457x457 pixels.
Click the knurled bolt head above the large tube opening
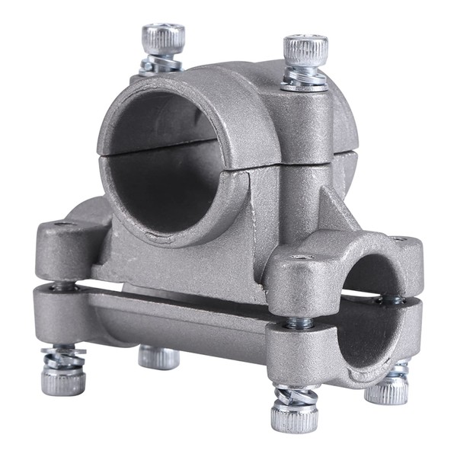(x=163, y=38)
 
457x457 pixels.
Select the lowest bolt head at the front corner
(x=294, y=417)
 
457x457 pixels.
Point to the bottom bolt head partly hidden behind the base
(x=158, y=356)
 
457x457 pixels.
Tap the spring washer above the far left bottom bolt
(x=62, y=356)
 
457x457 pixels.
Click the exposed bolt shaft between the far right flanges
(x=393, y=299)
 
